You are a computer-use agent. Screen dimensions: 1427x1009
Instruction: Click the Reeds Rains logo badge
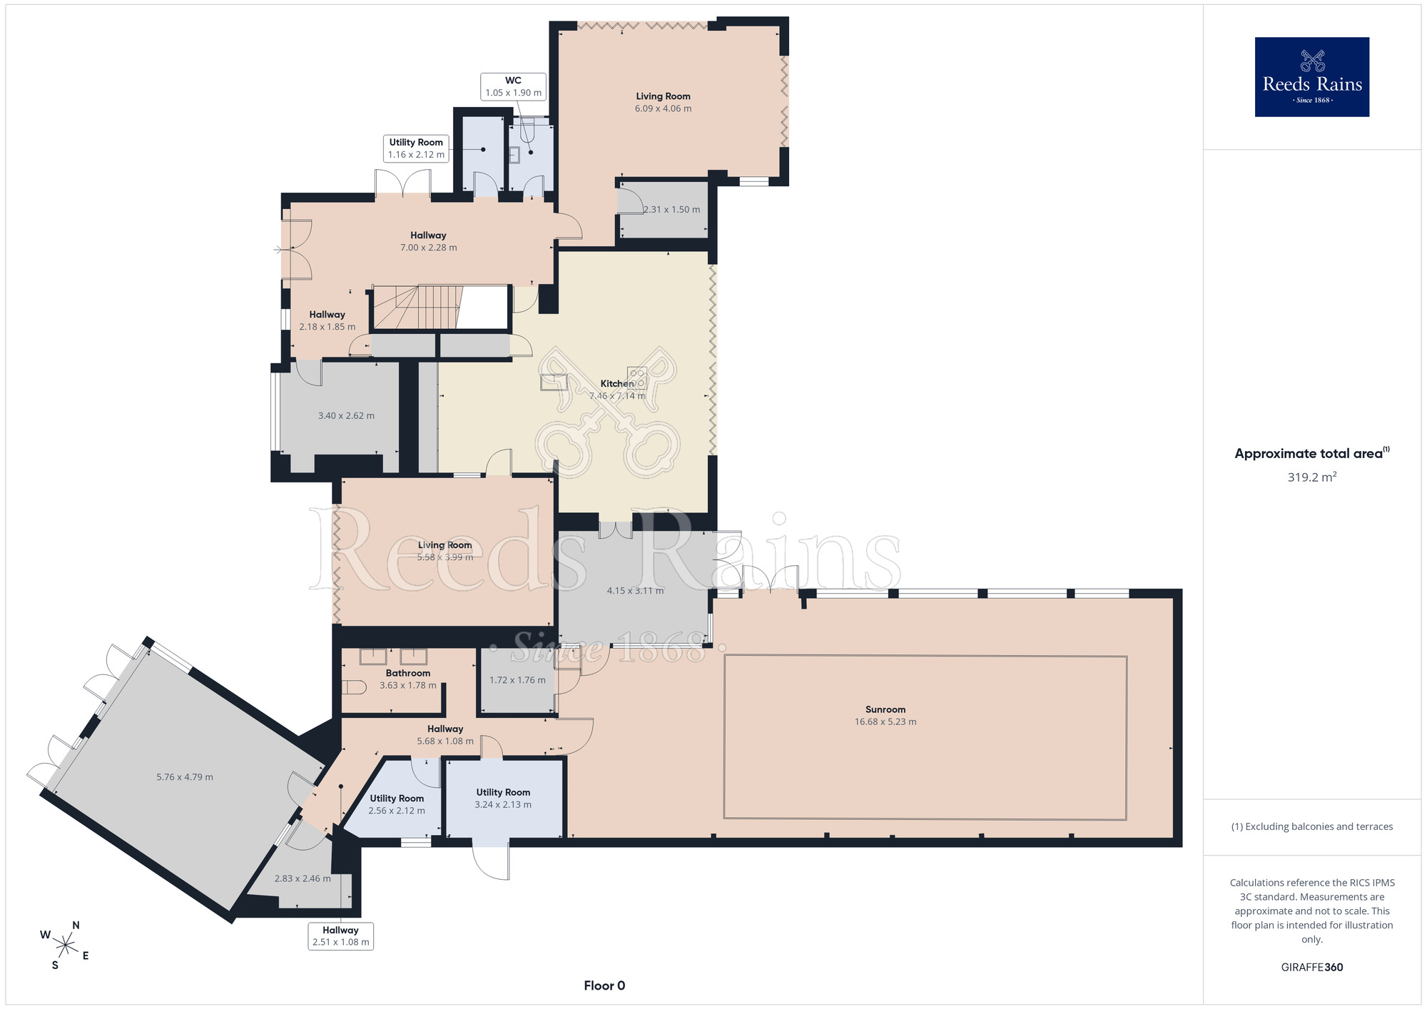point(1311,77)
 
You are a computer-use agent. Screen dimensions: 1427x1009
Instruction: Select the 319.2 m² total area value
point(1311,477)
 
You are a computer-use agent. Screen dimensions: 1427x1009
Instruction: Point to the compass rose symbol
point(65,946)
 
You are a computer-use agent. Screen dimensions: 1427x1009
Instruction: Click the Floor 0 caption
point(604,985)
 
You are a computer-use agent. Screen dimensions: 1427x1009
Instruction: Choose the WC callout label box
point(513,86)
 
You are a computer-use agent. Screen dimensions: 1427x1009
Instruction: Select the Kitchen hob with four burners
point(637,377)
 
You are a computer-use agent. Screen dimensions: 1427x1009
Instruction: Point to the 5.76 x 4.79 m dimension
point(185,777)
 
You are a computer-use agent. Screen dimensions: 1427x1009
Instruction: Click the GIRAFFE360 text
point(1311,968)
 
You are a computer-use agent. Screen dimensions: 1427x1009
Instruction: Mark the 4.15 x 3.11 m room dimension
point(635,591)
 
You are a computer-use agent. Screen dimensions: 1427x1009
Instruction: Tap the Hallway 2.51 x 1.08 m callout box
point(340,936)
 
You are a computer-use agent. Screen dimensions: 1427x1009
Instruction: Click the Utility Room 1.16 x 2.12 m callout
point(416,148)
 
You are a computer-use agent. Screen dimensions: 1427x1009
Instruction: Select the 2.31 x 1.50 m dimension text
point(671,210)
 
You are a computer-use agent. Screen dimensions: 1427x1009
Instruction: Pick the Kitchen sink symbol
point(554,382)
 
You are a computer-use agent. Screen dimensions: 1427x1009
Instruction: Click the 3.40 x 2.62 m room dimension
point(346,415)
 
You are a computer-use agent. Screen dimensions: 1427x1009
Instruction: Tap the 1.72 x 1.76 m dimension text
point(517,680)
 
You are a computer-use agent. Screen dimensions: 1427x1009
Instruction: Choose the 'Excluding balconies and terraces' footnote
point(1311,826)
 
